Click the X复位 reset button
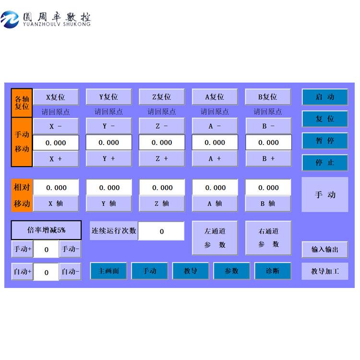55,97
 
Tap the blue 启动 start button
325,97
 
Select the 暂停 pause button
325,141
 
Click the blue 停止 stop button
325,163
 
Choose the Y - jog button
108,126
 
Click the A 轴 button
215,204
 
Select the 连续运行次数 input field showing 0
161,231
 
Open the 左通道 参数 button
215,238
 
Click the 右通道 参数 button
268,238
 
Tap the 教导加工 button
325,271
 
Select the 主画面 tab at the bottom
108,271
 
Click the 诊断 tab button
273,271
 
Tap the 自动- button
70,272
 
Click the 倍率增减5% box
46,230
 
